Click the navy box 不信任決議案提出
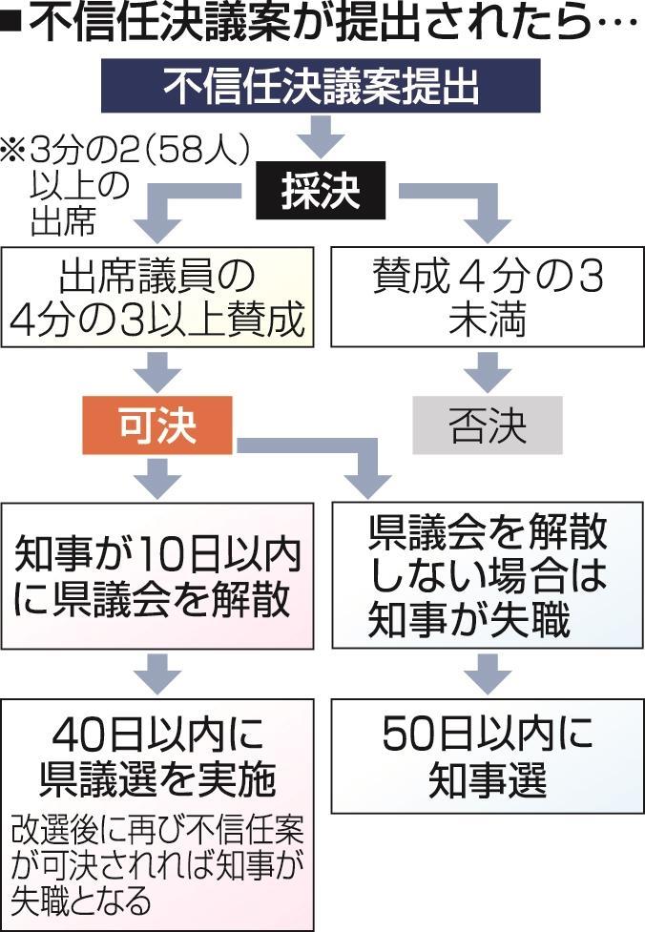pos(322,88)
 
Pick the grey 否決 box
pos(487,426)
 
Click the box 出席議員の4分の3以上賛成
pos(157,299)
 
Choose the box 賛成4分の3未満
pos(487,299)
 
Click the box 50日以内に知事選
pos(487,756)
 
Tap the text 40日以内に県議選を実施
pos(157,757)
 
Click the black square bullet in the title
pos(14,25)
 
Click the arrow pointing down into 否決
pos(487,373)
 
